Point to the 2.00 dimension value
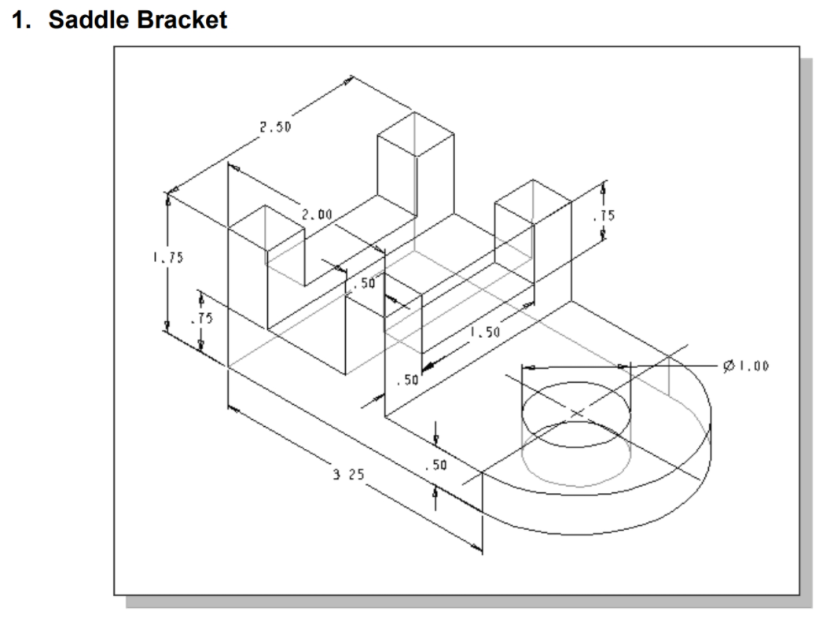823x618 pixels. click(x=317, y=214)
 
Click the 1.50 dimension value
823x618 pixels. click(x=485, y=333)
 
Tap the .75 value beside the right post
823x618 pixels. click(x=604, y=215)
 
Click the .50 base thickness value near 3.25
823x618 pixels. click(x=435, y=465)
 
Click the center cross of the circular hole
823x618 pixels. click(x=576, y=412)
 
